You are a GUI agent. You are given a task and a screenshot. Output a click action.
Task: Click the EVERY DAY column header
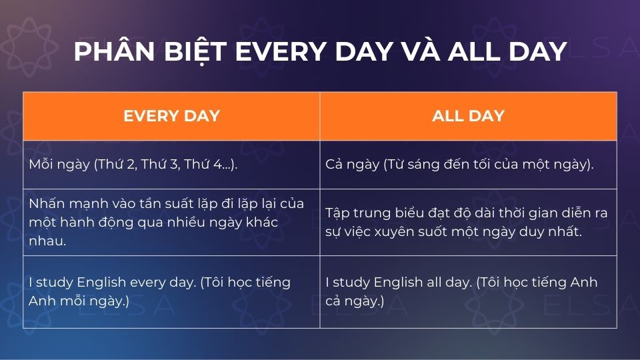pyautogui.click(x=171, y=116)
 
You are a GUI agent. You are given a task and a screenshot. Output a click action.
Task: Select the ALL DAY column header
pyautogui.click(x=468, y=116)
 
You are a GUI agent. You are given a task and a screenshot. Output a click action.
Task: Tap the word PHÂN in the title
pyautogui.click(x=107, y=52)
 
